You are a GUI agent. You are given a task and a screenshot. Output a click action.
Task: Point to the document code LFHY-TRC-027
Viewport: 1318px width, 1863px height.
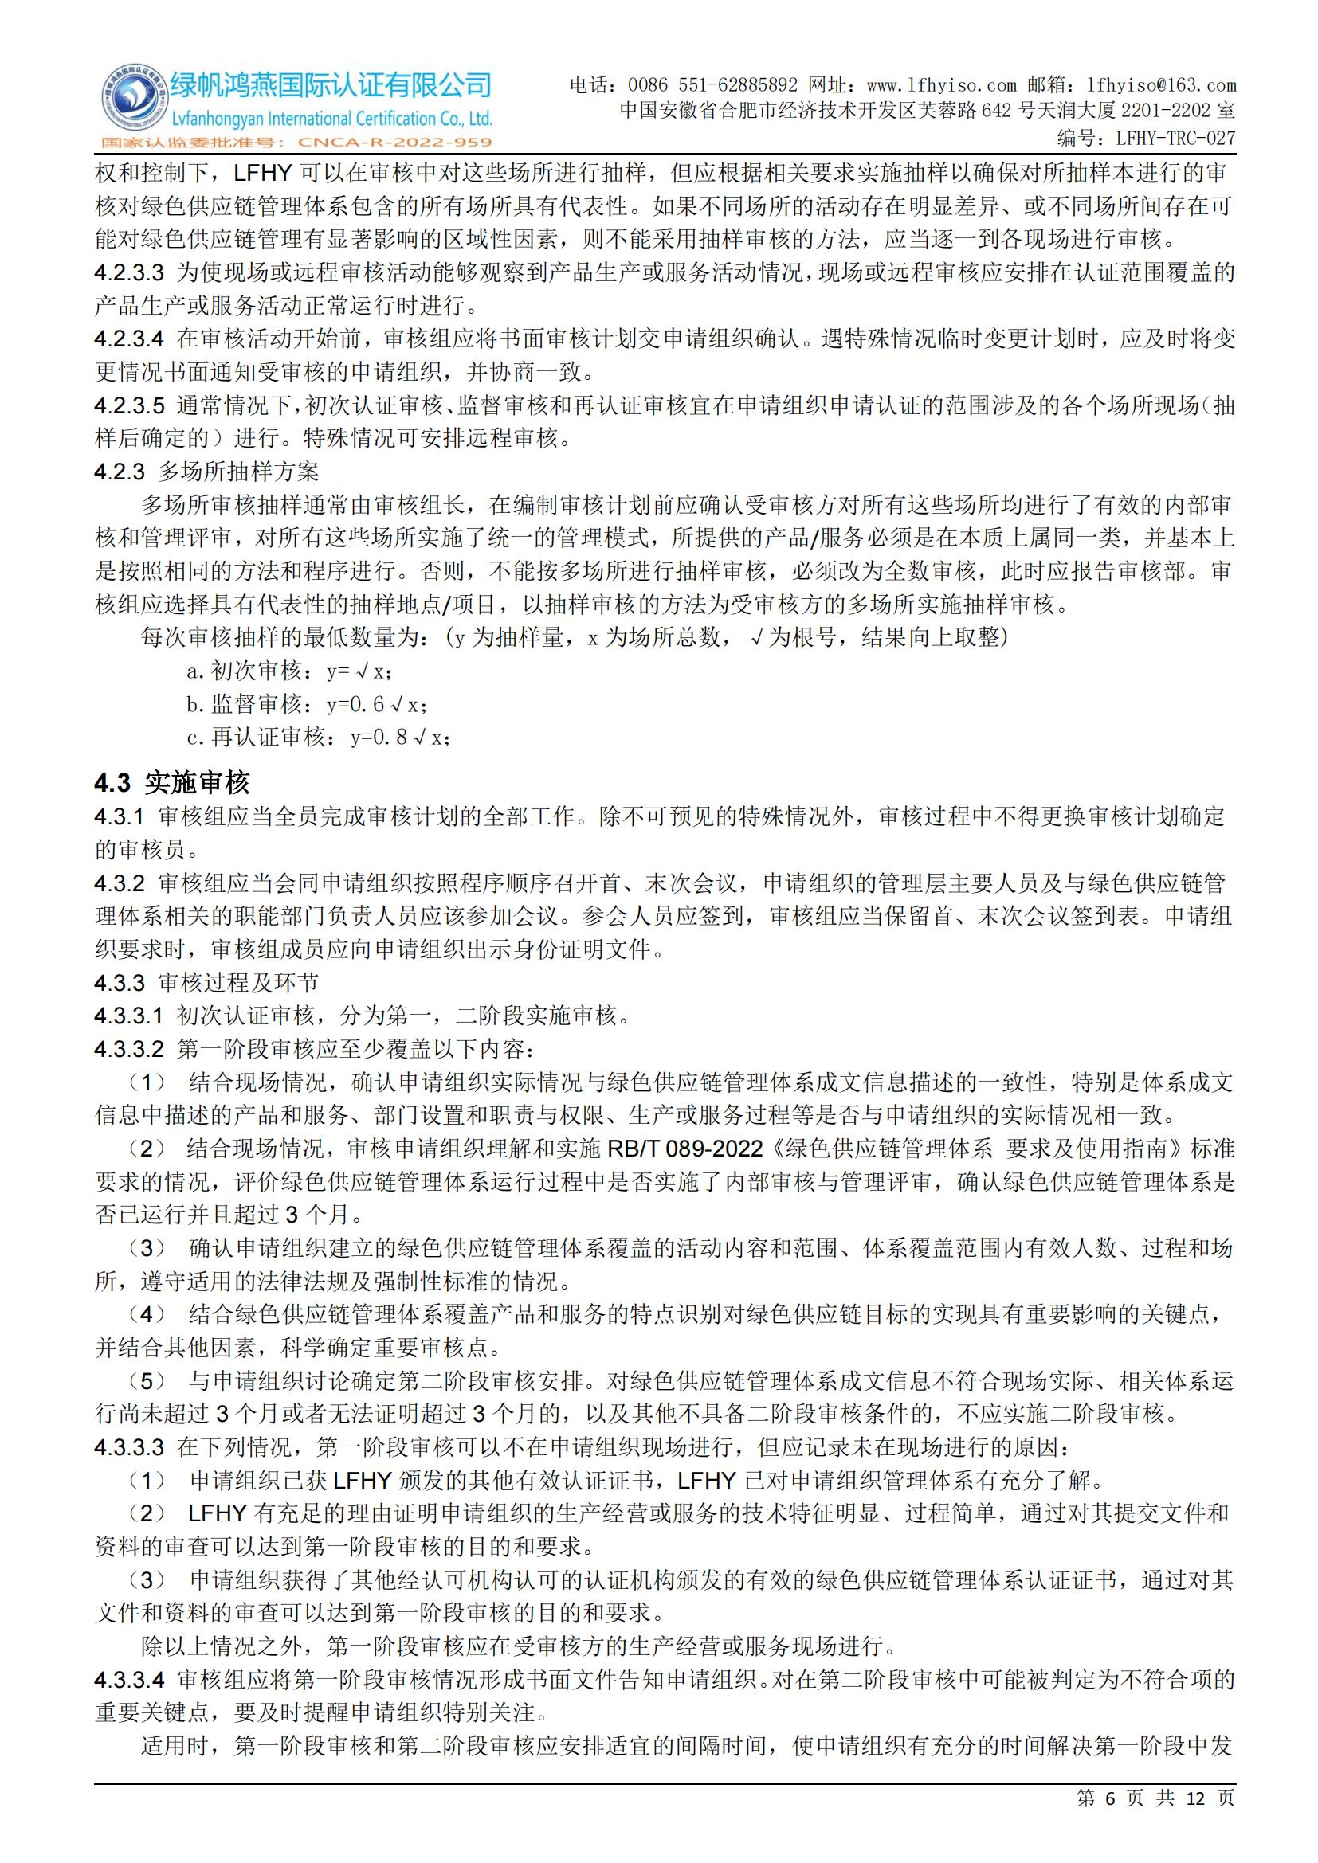pos(1175,138)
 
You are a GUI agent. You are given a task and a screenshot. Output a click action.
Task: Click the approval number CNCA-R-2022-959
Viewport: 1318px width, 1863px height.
pos(395,143)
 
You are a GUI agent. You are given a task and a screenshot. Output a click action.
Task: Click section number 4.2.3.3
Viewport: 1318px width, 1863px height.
pos(129,272)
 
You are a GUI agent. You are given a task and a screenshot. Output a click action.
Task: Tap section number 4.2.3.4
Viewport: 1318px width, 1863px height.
pos(129,339)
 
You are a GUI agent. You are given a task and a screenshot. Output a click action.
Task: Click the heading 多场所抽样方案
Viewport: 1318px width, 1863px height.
pos(238,472)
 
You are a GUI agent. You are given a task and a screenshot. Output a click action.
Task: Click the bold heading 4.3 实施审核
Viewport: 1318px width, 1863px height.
pos(172,783)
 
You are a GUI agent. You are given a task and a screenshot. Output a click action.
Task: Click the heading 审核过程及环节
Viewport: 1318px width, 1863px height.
pos(238,983)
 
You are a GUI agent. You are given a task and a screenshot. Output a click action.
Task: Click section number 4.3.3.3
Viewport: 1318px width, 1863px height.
pos(129,1446)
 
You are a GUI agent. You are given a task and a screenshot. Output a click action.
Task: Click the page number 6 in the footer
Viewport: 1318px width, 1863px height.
pos(1110,1822)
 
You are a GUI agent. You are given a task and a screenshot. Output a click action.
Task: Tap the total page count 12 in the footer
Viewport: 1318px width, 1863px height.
pos(1194,1822)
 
